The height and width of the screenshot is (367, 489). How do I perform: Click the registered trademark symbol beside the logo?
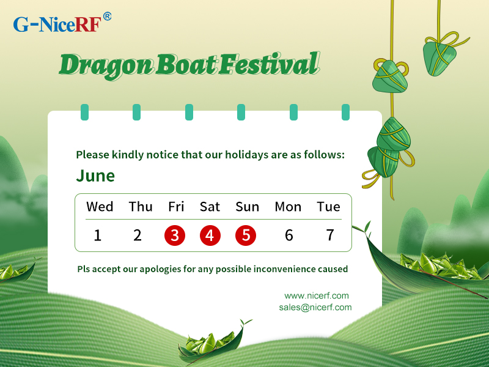click(x=107, y=17)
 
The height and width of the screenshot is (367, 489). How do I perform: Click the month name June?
click(x=95, y=176)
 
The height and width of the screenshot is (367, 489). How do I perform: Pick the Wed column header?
click(x=100, y=207)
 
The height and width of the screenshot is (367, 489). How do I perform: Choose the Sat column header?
click(x=210, y=207)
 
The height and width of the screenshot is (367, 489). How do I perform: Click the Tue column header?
click(x=328, y=207)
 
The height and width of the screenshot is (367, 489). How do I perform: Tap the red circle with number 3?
click(x=175, y=235)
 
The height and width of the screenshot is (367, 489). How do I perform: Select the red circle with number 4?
click(x=210, y=235)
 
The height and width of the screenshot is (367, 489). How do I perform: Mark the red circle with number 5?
click(x=246, y=235)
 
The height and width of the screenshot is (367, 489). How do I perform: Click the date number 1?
click(x=98, y=235)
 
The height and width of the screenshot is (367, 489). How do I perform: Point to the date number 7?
click(x=330, y=235)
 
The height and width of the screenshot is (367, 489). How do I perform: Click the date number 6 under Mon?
click(x=289, y=235)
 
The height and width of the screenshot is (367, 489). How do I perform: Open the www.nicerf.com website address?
click(x=317, y=295)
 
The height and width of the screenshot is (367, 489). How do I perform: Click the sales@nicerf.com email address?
click(x=315, y=308)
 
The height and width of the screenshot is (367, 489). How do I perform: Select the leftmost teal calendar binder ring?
click(x=84, y=112)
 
